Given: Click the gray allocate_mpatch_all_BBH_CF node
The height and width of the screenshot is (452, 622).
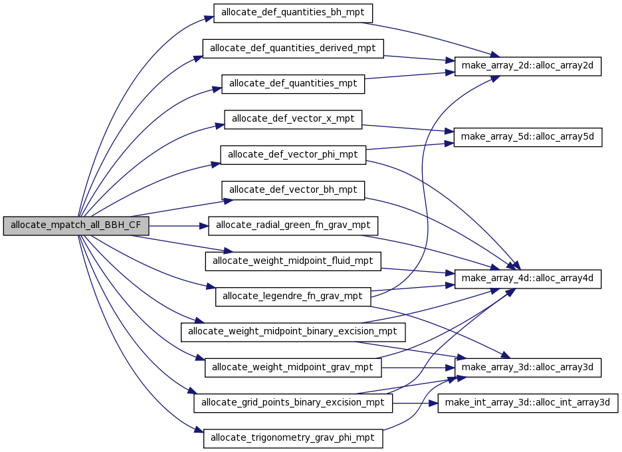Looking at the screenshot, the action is tap(76, 226).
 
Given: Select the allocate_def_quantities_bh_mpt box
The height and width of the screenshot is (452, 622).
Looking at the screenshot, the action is tap(293, 13).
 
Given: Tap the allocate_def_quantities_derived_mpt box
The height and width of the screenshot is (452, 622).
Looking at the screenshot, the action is tap(293, 49).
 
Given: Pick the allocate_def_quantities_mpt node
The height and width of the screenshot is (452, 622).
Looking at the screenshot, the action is tap(293, 84).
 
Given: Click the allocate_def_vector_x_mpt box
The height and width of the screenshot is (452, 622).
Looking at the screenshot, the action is tap(293, 120).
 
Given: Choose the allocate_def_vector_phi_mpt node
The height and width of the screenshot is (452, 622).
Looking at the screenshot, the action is tap(293, 155).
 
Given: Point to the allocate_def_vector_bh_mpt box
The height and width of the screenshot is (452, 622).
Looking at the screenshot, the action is tap(293, 191).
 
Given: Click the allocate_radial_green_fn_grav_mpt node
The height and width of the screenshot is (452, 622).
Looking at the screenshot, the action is tap(293, 226).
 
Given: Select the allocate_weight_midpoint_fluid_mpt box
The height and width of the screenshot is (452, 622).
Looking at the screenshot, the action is tap(293, 261).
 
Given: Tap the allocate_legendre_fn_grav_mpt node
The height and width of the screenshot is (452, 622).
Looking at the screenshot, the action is tap(293, 297).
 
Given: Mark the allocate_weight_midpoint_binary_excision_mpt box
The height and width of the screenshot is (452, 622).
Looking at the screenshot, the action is tap(293, 332).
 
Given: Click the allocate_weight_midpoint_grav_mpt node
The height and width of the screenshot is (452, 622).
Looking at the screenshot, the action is tap(293, 368).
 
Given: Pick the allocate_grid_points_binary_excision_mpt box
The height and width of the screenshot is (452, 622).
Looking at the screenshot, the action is tap(293, 403).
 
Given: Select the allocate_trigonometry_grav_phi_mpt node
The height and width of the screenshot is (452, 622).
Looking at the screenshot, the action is tap(293, 439).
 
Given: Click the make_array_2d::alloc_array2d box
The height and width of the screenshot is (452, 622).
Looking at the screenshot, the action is tap(528, 66).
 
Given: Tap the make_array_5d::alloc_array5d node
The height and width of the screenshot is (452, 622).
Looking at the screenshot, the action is tap(528, 138).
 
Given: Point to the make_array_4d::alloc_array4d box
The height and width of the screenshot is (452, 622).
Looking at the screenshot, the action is tap(528, 279).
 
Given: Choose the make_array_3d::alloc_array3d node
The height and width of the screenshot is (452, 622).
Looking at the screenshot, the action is tap(528, 368).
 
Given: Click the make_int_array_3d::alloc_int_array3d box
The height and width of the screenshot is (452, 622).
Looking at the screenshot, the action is tap(528, 403).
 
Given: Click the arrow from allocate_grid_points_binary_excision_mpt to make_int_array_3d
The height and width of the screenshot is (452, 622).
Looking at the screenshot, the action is tap(415, 403).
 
